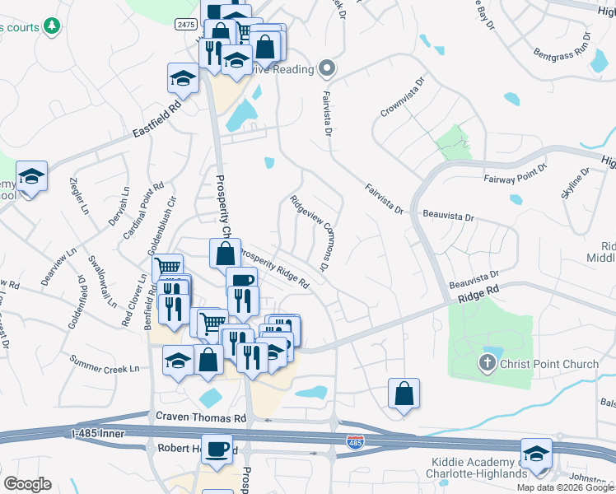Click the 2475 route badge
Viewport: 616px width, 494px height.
pyautogui.click(x=185, y=26)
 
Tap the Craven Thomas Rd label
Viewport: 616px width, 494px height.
pyautogui.click(x=206, y=418)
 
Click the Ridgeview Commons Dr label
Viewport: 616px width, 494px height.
pyautogui.click(x=310, y=233)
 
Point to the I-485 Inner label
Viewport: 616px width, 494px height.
pyautogui.click(x=100, y=432)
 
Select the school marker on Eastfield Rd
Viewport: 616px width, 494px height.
pyautogui.click(x=183, y=78)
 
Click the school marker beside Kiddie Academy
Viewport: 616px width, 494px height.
pyautogui.click(x=536, y=453)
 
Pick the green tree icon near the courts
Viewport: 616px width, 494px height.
pyautogui.click(x=53, y=26)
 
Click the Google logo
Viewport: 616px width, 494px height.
pyautogui.click(x=27, y=484)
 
